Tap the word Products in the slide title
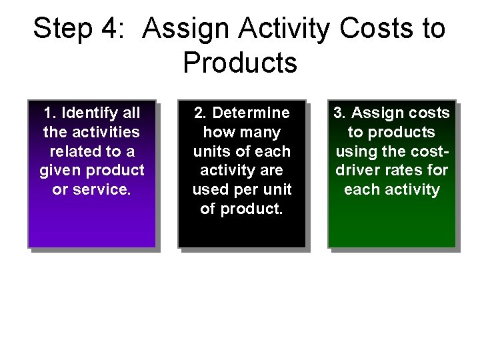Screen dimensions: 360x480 pyautogui.click(x=240, y=63)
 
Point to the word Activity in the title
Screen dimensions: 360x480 pyautogui.click(x=284, y=29)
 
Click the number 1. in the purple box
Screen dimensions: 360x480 pyautogui.click(x=51, y=113)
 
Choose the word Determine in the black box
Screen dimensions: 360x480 pyautogui.click(x=251, y=113)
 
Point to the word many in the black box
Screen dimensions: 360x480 pyautogui.click(x=261, y=132)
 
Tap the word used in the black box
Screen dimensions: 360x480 pyautogui.click(x=211, y=189)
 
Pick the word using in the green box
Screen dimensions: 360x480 pyautogui.click(x=355, y=151)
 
